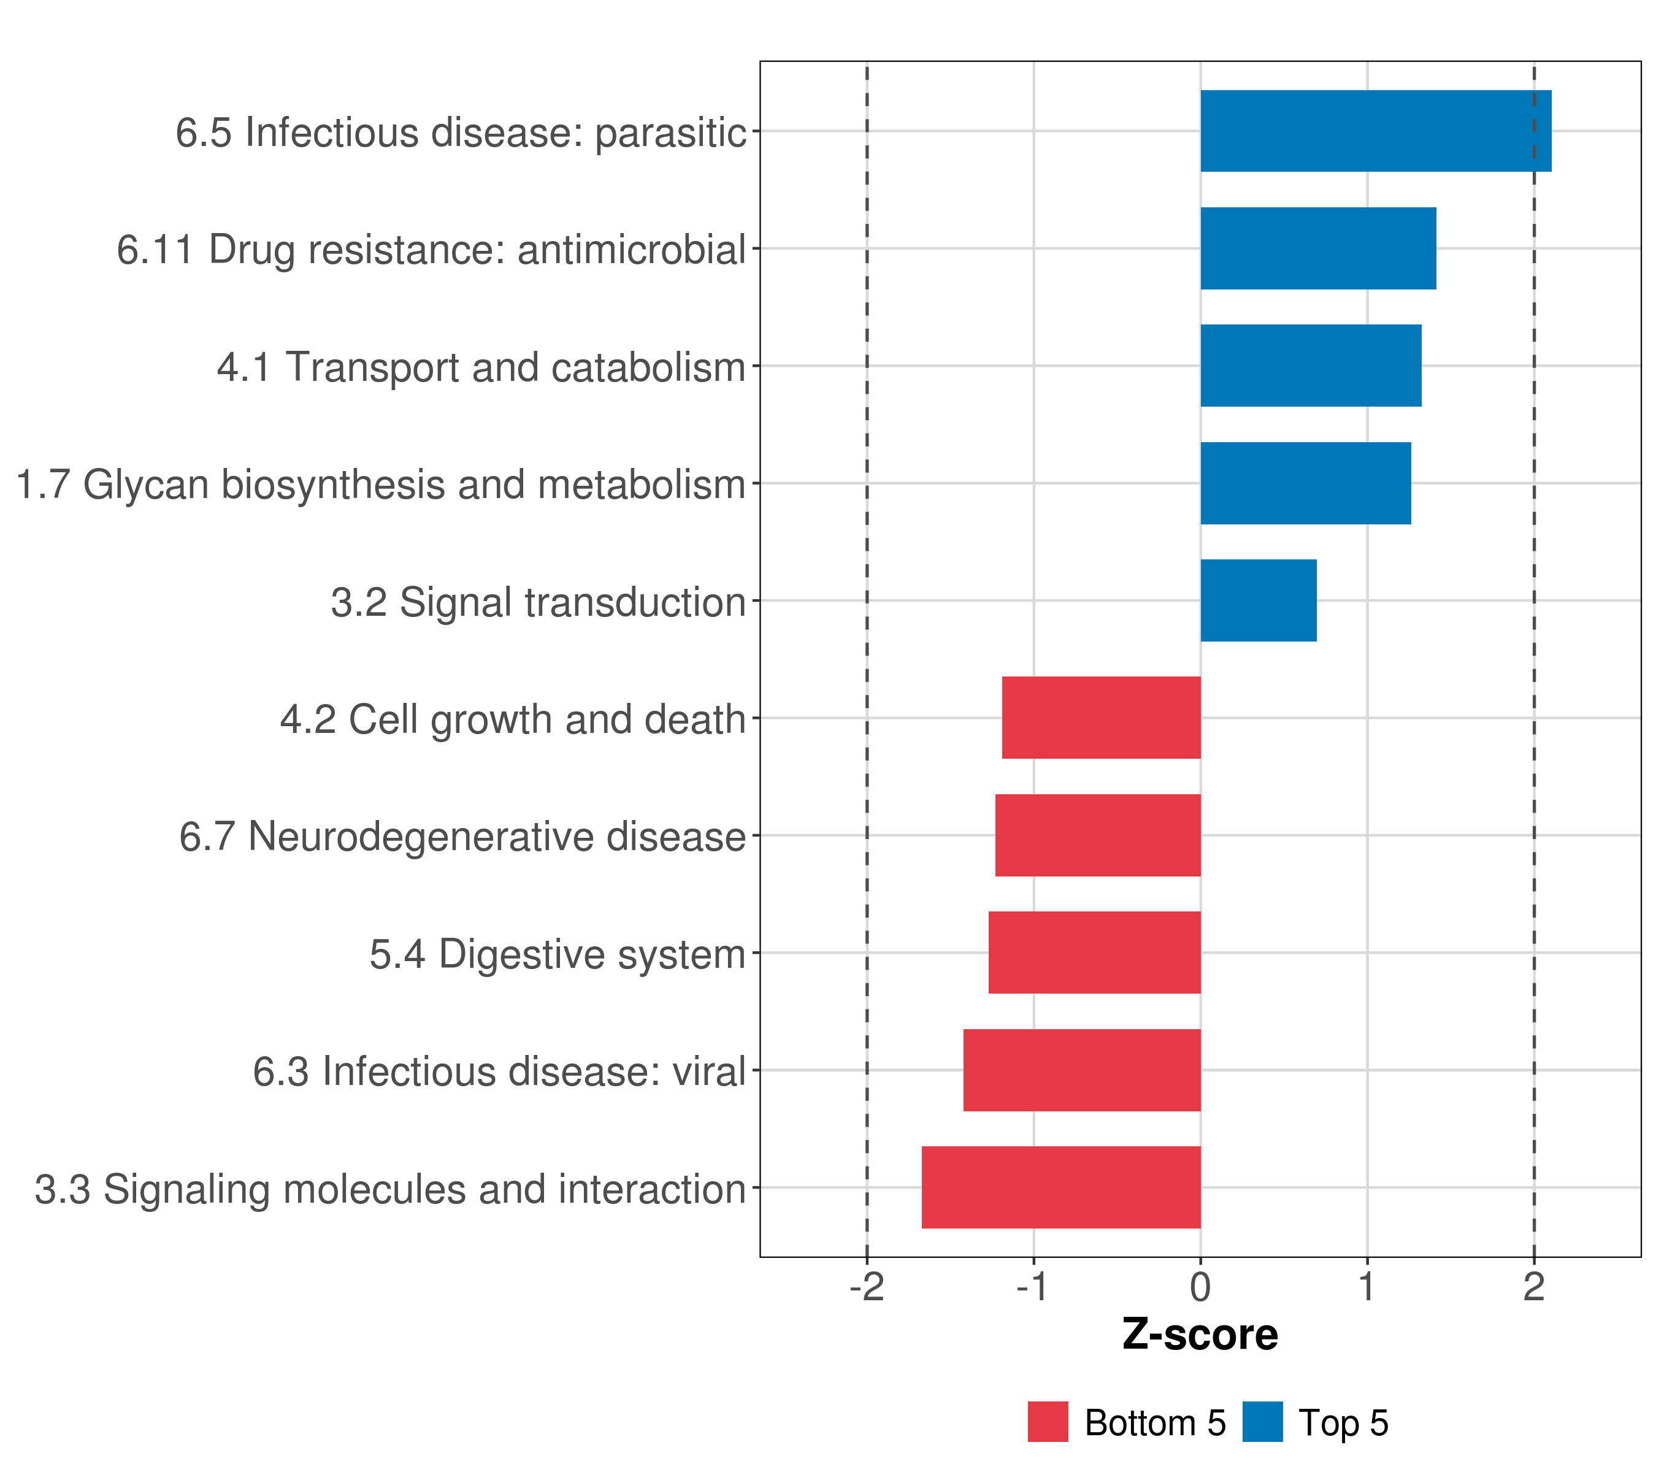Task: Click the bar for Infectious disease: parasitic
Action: point(1375,131)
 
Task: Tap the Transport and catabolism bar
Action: point(1310,366)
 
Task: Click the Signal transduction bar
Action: point(1257,600)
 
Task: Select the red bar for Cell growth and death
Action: point(1101,717)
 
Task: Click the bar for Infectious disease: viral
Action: point(1081,1070)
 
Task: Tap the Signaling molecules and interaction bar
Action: point(1060,1187)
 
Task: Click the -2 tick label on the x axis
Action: point(866,1287)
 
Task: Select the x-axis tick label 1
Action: point(1367,1287)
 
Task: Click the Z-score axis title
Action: point(1200,1334)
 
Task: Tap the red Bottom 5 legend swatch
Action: point(1048,1422)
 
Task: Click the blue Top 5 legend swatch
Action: point(1262,1422)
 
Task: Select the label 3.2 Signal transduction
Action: point(537,602)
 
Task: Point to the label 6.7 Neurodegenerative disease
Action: point(462,836)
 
